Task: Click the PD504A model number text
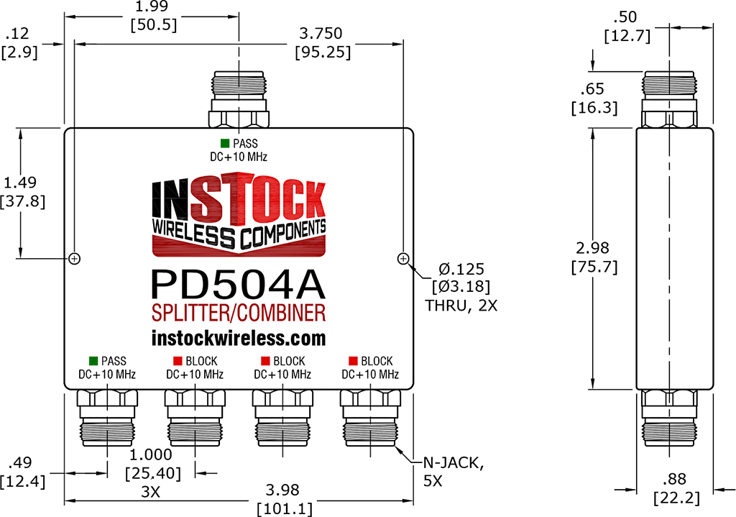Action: pos(238,285)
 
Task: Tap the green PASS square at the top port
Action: pos(225,144)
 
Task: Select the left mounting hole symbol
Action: pos(75,258)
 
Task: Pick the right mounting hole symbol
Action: pos(403,258)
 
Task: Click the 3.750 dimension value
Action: pos(321,33)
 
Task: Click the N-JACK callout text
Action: pos(454,464)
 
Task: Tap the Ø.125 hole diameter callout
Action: pos(461,269)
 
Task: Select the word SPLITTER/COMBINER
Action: pos(239,314)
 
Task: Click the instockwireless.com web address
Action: pos(239,338)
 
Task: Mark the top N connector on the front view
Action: pos(239,99)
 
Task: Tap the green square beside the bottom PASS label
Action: pos(93,361)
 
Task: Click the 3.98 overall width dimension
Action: pos(282,490)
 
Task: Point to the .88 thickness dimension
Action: pos(674,479)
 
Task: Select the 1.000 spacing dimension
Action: pos(151,454)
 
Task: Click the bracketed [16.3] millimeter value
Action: pos(594,108)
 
